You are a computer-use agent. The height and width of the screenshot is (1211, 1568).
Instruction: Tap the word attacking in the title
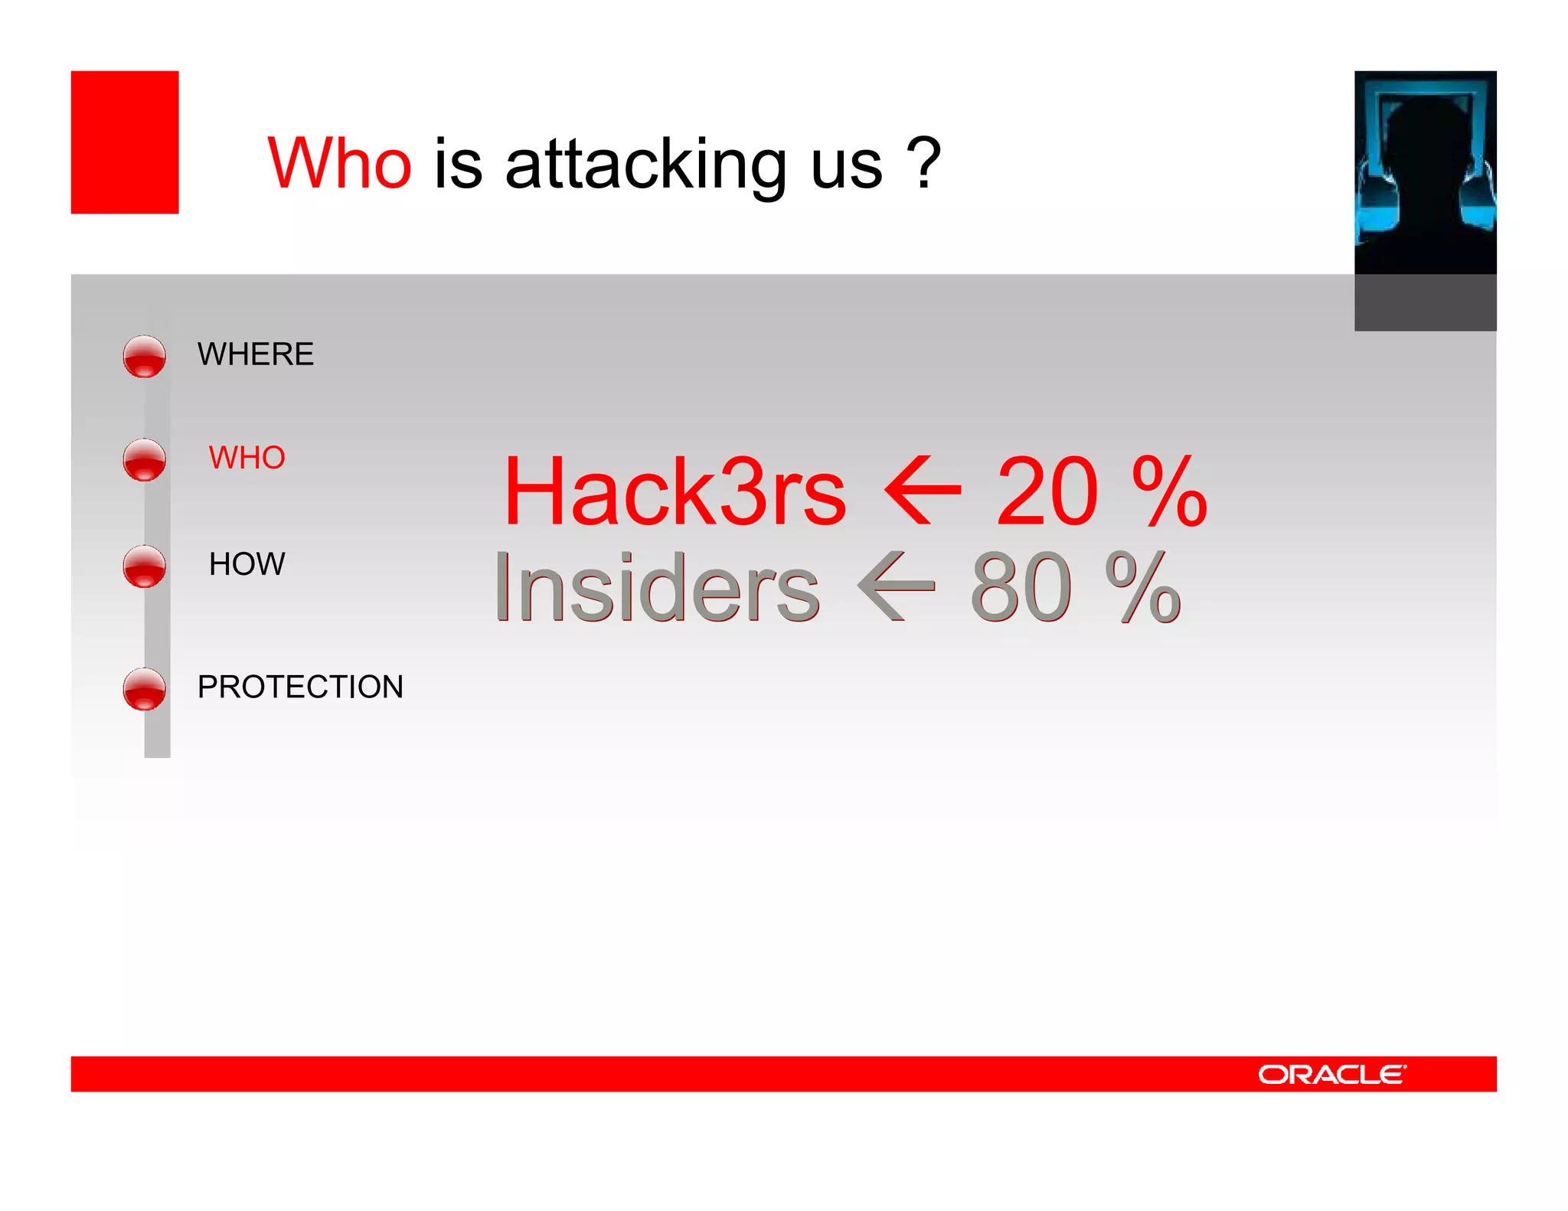tap(645, 165)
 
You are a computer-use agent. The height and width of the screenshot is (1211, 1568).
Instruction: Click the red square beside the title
tap(125, 142)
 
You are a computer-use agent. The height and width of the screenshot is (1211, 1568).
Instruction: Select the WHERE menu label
tap(256, 354)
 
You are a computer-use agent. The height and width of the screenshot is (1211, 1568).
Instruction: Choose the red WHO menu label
tap(247, 458)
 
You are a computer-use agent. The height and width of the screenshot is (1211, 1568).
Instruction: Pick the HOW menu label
tap(247, 564)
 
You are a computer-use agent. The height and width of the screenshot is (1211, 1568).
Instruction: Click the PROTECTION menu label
tap(300, 687)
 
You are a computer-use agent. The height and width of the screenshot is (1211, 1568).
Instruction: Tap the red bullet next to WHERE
tap(144, 357)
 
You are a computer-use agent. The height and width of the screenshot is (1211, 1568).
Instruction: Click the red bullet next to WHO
tap(144, 460)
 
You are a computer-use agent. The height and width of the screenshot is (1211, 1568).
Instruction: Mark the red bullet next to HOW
tap(144, 566)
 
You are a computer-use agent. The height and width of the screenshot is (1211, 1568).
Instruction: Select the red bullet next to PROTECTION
tap(144, 689)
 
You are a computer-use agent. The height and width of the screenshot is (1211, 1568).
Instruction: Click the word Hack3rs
tap(675, 491)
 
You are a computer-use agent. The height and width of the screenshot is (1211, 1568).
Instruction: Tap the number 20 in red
tap(1047, 491)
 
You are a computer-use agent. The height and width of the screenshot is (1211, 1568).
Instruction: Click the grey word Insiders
tap(657, 588)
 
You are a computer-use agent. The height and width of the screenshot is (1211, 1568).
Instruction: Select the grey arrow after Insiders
tap(896, 586)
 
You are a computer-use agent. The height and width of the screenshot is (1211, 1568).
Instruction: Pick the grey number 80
tap(1021, 588)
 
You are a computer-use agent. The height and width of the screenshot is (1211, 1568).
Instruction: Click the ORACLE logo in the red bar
tap(1331, 1075)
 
